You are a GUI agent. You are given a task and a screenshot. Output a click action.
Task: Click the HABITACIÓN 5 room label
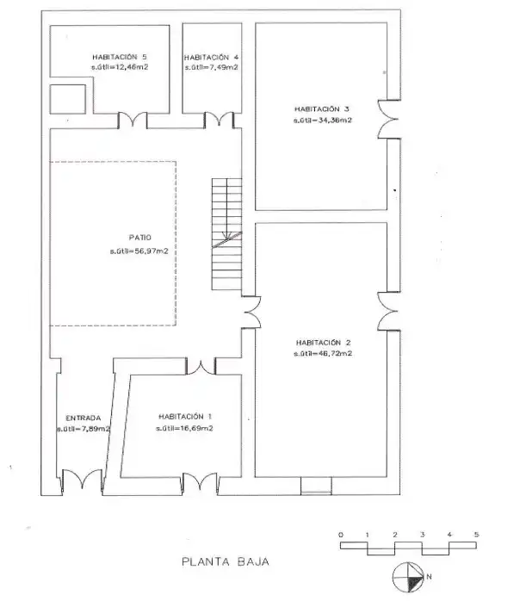point(119,57)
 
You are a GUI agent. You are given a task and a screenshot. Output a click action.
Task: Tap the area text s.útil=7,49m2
point(212,67)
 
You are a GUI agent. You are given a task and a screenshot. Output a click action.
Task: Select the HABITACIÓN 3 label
point(322,109)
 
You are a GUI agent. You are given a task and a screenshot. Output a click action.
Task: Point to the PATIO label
point(140,238)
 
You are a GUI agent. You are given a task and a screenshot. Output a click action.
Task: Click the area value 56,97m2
point(152,251)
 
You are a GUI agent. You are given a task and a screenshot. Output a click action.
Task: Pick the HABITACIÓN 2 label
point(324,343)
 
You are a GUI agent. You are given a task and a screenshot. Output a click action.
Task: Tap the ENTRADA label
point(84,418)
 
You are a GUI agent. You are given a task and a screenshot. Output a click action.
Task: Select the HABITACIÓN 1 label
point(185,417)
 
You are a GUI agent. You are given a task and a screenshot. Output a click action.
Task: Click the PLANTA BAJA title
point(226,562)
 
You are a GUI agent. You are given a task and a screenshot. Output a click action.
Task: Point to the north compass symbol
point(408,577)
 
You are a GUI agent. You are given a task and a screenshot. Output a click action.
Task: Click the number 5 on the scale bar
point(476,535)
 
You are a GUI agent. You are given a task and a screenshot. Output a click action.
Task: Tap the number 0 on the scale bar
point(341,535)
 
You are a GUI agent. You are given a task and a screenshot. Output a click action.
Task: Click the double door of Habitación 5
point(133,120)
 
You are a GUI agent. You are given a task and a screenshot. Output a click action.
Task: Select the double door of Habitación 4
point(220,120)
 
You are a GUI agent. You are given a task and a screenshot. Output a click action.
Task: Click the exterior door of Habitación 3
point(389,119)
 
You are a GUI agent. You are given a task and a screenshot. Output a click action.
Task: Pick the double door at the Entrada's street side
point(82,481)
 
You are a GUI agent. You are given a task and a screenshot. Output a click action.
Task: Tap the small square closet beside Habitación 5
point(68,99)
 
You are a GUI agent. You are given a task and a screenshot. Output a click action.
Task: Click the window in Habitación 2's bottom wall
point(316,486)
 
